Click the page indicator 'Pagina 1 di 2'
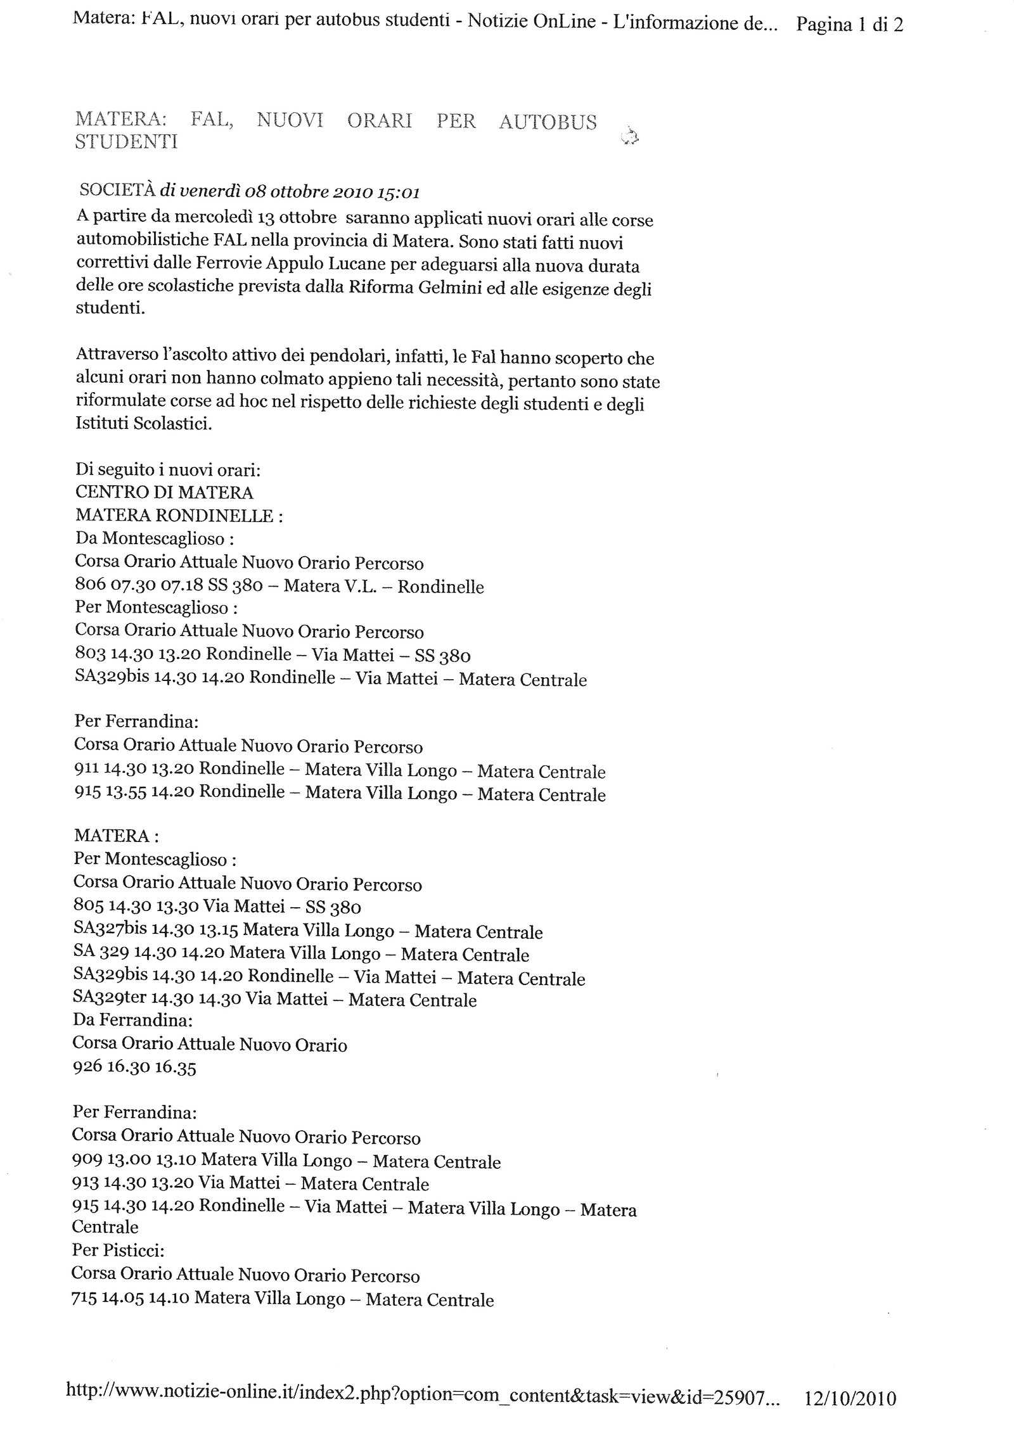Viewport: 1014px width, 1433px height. tap(849, 25)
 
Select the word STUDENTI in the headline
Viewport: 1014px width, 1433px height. tap(126, 141)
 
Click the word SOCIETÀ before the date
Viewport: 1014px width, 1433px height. tap(117, 191)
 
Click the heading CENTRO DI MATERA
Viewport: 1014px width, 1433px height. tap(164, 492)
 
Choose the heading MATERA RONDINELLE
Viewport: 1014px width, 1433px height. tap(174, 516)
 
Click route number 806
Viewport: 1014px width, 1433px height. tap(88, 585)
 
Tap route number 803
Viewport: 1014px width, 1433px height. tap(89, 654)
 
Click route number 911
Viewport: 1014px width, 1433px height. tap(86, 770)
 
